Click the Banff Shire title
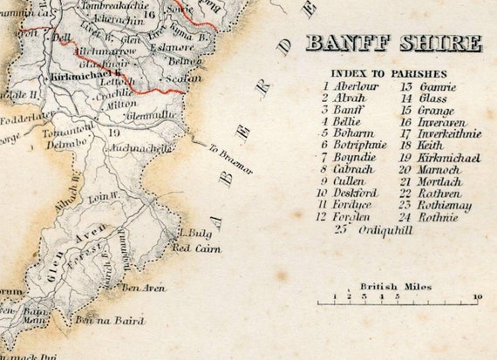393,44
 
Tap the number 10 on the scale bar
477,297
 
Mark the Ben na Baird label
109,322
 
